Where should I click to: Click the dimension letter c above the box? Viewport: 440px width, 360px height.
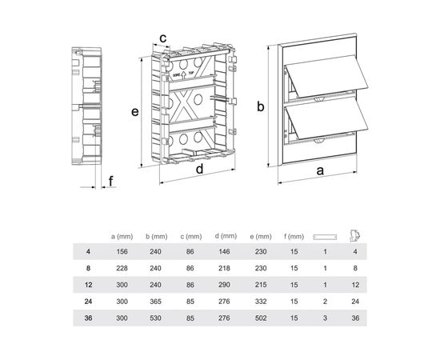click(162, 38)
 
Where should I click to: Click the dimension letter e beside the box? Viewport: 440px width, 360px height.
click(135, 112)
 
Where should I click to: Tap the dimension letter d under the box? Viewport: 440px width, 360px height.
click(199, 169)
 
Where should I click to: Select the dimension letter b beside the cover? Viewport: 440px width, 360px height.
click(261, 106)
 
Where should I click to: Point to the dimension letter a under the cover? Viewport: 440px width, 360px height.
click(320, 170)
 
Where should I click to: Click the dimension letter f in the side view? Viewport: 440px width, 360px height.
click(111, 181)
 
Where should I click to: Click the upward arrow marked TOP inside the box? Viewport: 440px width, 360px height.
click(183, 74)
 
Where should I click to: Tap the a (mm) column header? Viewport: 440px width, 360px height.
click(122, 237)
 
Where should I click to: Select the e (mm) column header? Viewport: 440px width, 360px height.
click(261, 237)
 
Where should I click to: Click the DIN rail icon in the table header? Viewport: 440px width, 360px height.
click(325, 237)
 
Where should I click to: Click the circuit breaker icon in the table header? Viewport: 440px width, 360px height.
click(355, 236)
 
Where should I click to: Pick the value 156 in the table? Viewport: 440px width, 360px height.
click(122, 251)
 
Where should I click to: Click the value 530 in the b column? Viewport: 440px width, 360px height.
click(155, 318)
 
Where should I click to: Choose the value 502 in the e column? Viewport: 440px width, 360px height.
click(261, 318)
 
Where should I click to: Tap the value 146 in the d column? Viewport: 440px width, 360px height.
click(224, 251)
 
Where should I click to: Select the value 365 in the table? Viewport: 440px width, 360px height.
click(155, 302)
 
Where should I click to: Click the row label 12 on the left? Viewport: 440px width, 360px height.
click(88, 285)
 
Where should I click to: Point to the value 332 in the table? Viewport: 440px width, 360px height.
click(261, 302)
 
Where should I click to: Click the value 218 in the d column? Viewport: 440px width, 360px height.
click(224, 268)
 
